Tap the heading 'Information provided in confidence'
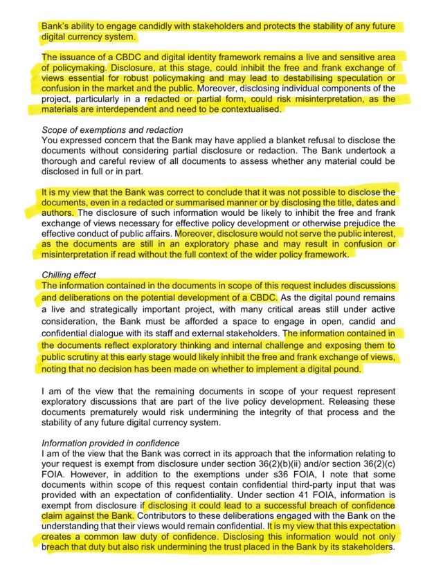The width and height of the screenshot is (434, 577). point(111,443)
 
